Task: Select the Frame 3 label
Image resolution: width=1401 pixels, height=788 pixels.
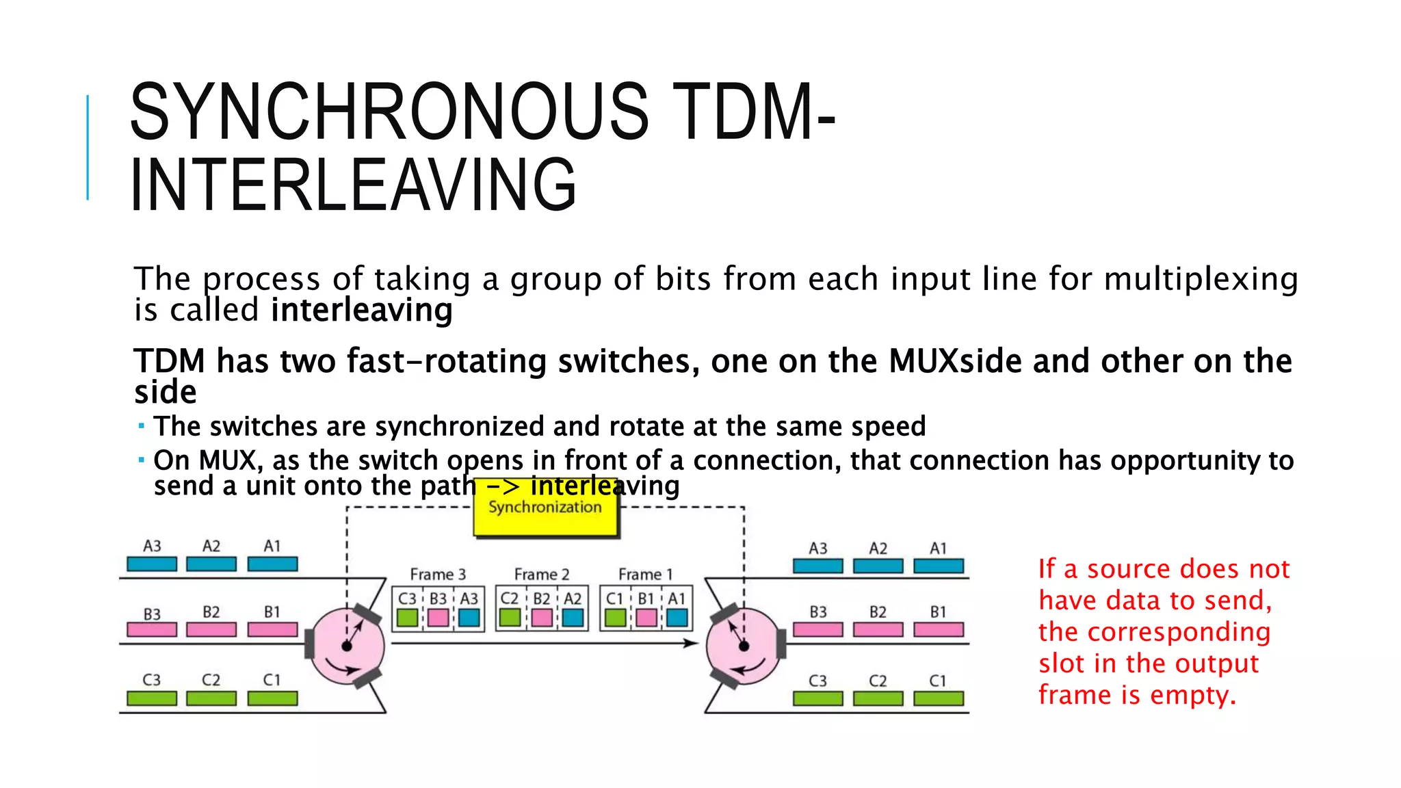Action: point(438,574)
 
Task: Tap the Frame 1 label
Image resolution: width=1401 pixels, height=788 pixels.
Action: point(645,574)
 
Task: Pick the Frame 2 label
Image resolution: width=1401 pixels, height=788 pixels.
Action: point(541,574)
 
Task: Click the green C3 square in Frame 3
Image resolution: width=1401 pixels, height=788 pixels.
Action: point(407,618)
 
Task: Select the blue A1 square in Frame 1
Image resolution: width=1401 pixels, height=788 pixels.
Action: point(677,618)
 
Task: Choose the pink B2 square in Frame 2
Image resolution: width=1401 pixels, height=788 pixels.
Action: point(542,618)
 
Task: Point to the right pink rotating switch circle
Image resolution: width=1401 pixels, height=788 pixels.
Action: point(743,646)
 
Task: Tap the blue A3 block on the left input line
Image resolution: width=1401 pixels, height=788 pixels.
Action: point(152,564)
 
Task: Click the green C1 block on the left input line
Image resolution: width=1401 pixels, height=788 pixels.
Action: point(272,698)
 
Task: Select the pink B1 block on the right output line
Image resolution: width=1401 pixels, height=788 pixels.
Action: point(938,629)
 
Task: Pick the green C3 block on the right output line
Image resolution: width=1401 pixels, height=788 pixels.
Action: point(817,698)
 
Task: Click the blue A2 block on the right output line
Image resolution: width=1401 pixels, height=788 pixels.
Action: point(878,566)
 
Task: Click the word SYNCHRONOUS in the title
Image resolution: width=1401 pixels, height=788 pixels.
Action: point(389,111)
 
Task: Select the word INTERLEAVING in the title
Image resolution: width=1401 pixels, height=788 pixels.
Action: point(353,185)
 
